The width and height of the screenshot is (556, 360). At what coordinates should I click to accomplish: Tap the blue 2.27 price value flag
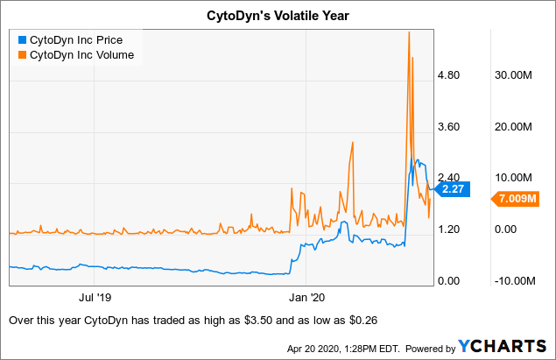click(x=454, y=188)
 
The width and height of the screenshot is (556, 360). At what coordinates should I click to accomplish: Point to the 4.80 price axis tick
click(x=448, y=75)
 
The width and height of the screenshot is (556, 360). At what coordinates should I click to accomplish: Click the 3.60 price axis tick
click(x=448, y=127)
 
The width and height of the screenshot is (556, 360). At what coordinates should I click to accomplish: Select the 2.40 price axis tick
click(x=448, y=178)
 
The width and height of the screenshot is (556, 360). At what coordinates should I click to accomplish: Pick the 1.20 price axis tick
click(x=448, y=229)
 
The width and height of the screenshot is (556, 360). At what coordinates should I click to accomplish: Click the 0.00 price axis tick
click(x=448, y=281)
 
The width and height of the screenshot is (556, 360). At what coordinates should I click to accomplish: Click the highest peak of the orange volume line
click(x=409, y=32)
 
